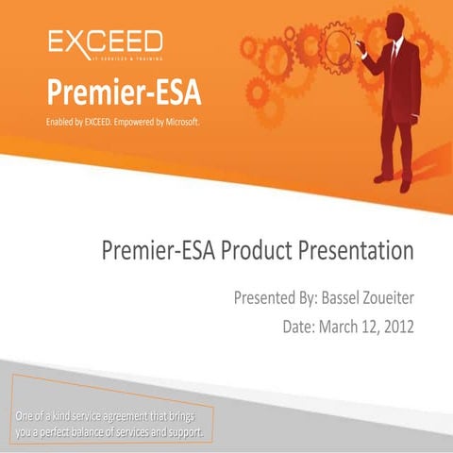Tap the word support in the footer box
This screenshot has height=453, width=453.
[x=184, y=432]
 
